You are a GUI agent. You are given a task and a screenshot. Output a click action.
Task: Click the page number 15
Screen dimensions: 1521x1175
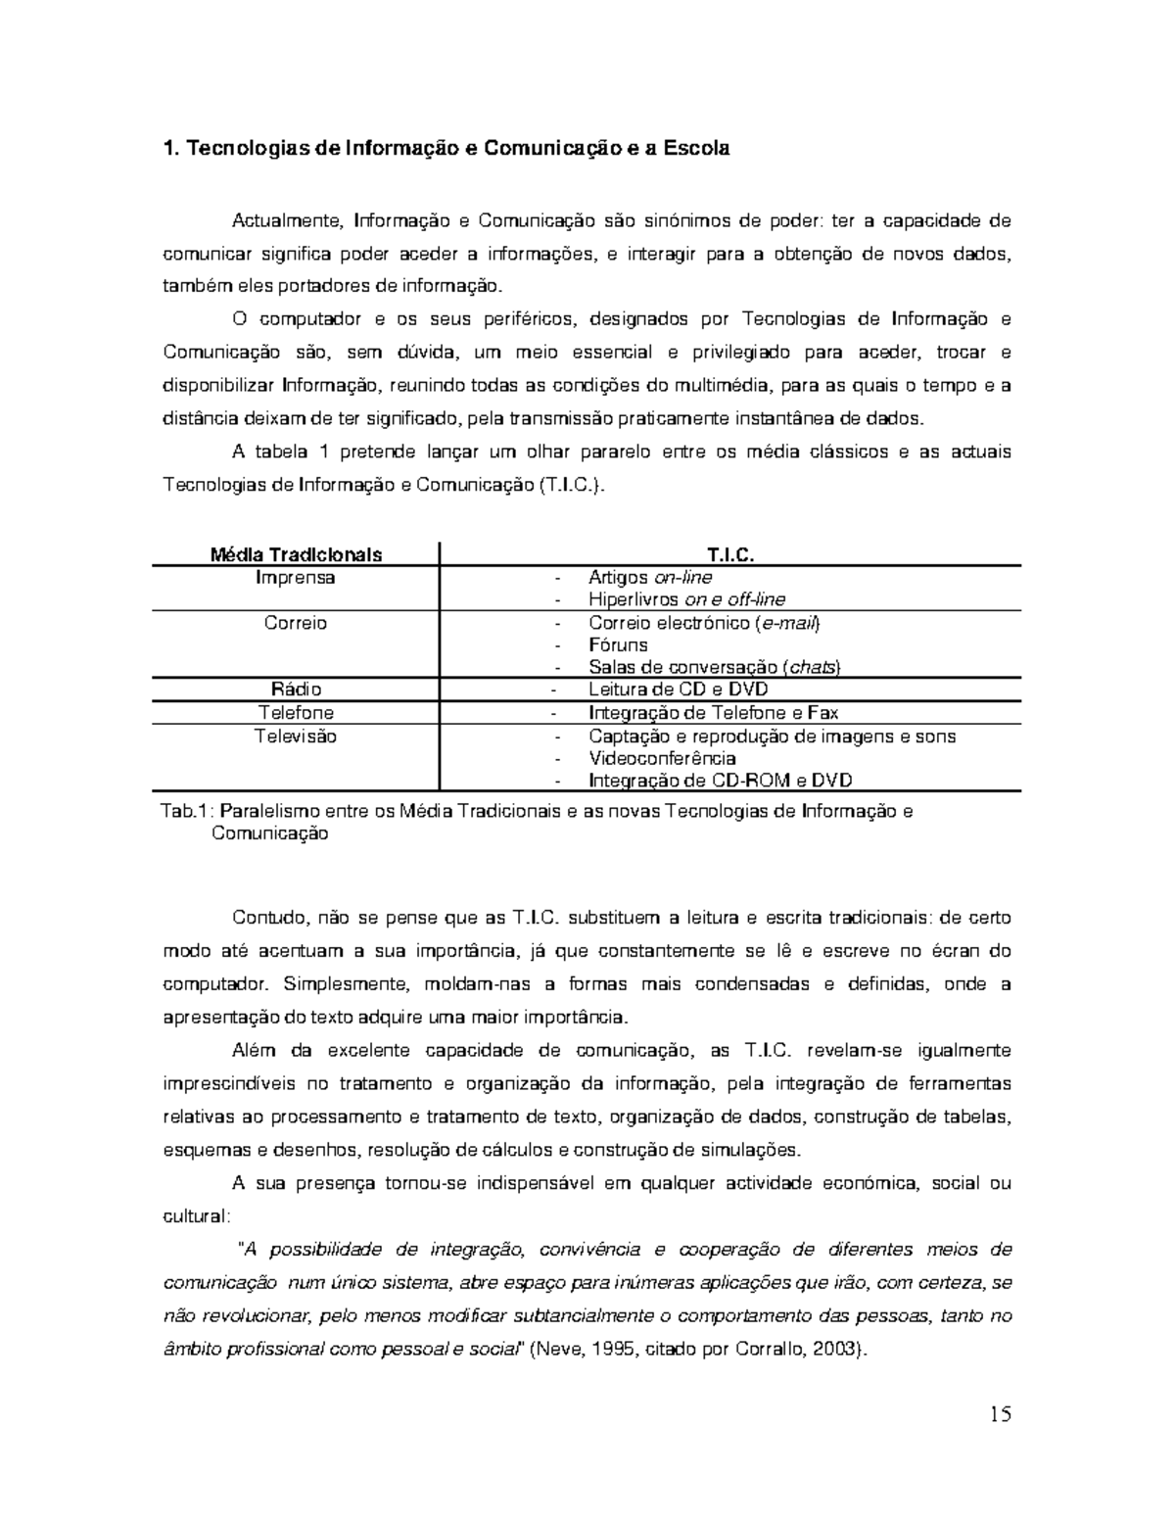pyautogui.click(x=1000, y=1413)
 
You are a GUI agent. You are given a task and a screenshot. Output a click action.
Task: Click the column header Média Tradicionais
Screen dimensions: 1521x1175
pyautogui.click(x=297, y=554)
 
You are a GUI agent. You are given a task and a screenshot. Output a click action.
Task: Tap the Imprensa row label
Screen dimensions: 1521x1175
pyautogui.click(x=296, y=578)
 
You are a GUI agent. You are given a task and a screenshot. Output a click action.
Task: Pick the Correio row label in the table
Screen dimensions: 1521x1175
pyautogui.click(x=296, y=623)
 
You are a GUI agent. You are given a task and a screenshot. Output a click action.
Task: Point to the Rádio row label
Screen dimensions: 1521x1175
pyautogui.click(x=296, y=689)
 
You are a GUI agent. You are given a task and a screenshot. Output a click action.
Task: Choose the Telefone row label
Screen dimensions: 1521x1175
pyautogui.click(x=296, y=713)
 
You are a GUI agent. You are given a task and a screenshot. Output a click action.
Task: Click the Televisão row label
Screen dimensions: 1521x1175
pyautogui.click(x=296, y=737)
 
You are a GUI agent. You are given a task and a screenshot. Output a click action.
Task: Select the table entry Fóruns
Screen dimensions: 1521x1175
pyautogui.click(x=618, y=645)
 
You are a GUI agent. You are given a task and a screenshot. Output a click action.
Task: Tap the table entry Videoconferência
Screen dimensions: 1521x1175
pyautogui.click(x=662, y=758)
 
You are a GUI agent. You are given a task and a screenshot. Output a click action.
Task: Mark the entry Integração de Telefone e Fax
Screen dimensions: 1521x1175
pyautogui.click(x=713, y=713)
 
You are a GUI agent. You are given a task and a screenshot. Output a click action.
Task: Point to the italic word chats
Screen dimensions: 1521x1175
pyautogui.click(x=813, y=667)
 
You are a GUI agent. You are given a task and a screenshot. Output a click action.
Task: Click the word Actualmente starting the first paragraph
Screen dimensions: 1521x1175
pyautogui.click(x=287, y=219)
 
